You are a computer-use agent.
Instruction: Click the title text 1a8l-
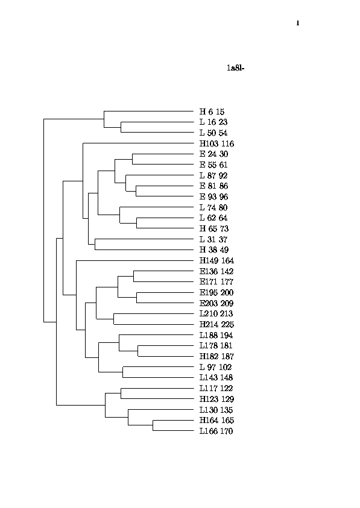click(235, 68)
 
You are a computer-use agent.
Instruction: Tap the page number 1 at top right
click(298, 23)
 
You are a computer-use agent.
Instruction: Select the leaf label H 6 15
click(212, 111)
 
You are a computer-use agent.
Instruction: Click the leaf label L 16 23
click(213, 122)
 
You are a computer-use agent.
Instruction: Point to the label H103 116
click(216, 143)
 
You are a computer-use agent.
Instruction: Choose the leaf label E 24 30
click(213, 154)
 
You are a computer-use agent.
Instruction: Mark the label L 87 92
click(213, 175)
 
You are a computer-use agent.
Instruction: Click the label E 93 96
click(213, 196)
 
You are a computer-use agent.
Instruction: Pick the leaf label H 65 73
click(214, 229)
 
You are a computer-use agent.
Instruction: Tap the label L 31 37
click(213, 239)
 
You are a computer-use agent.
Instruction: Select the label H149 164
click(216, 260)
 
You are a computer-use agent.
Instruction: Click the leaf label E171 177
click(216, 282)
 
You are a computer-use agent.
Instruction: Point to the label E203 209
click(216, 303)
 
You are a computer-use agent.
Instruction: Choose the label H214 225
click(216, 324)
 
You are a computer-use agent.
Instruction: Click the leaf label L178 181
click(216, 346)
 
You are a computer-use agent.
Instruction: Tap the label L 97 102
click(216, 367)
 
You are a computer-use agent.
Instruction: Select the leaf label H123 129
click(216, 399)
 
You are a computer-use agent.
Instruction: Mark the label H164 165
click(216, 420)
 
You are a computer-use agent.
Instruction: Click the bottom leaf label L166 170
click(216, 431)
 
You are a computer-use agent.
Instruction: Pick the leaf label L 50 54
click(213, 133)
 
